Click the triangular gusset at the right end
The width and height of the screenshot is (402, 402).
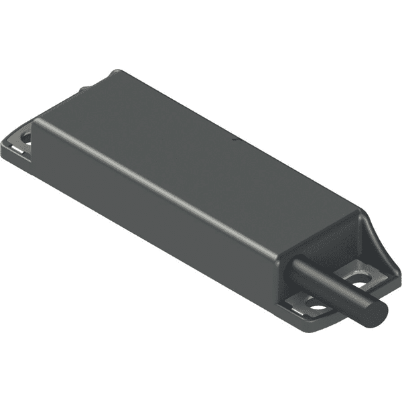coord(371,234)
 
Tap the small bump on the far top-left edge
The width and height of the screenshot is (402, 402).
coord(84,87)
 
